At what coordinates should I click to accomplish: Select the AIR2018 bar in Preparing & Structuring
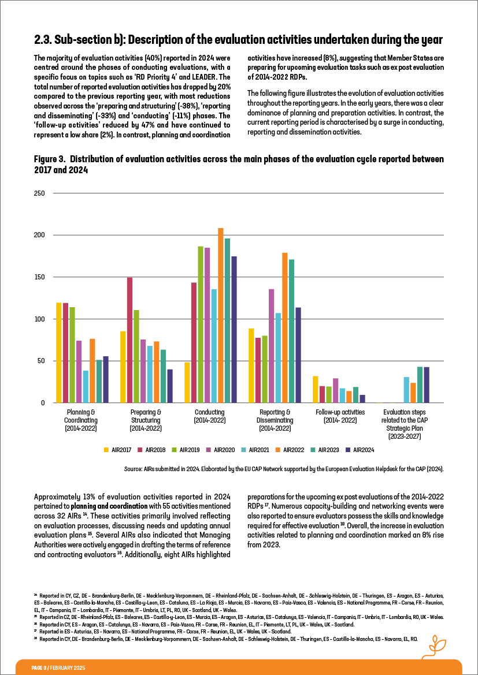pos(129,340)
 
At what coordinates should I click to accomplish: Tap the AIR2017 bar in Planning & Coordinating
pos(58,352)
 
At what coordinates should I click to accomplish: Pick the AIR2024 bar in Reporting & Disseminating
pos(298,355)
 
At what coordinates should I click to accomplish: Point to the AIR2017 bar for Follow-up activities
pos(315,389)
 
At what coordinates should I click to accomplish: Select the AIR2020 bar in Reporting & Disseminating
pos(271,346)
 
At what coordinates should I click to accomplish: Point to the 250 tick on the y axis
pos(39,193)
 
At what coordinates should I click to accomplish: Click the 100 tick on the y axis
pos(39,319)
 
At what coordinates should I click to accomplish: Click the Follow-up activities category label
pos(340,412)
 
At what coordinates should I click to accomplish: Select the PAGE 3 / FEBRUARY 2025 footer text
pos(58,667)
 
